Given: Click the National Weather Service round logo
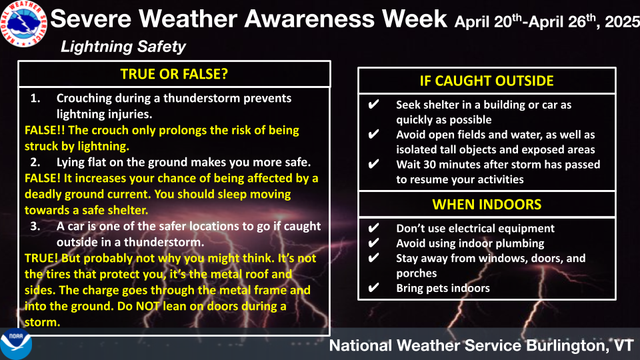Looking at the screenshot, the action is pyautogui.click(x=23, y=23).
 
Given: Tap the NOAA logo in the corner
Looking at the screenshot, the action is pyautogui.click(x=15, y=344).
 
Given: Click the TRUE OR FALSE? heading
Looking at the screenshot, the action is pyautogui.click(x=174, y=74).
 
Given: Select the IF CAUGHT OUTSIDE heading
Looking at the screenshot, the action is pyautogui.click(x=487, y=81).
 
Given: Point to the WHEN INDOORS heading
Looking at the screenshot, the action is pyautogui.click(x=487, y=204).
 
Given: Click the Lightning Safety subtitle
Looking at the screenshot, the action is pyautogui.click(x=123, y=47).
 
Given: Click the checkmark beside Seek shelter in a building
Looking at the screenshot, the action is pyautogui.click(x=373, y=105).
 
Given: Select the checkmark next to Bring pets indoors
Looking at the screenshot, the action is pyautogui.click(x=373, y=288).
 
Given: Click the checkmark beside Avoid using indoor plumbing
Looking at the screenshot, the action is pyautogui.click(x=373, y=243).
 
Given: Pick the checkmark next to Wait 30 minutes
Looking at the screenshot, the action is pyautogui.click(x=373, y=164).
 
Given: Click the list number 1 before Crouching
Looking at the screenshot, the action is pyautogui.click(x=35, y=99).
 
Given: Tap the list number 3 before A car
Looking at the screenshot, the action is pyautogui.click(x=35, y=226).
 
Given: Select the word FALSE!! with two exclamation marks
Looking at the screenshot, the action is pyautogui.click(x=45, y=130).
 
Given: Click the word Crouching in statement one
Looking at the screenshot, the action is pyautogui.click(x=84, y=99).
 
